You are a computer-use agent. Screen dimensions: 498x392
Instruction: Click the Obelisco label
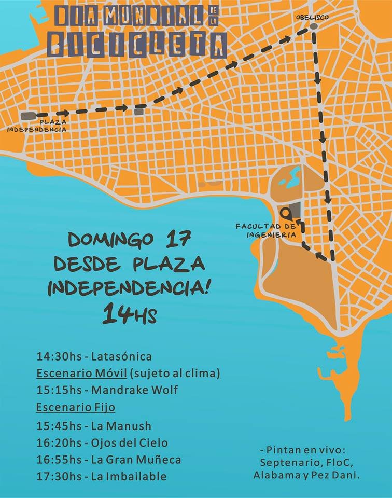[312, 17]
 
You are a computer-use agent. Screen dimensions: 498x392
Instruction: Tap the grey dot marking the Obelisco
[313, 26]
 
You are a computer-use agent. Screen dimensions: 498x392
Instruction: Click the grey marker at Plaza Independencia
[28, 116]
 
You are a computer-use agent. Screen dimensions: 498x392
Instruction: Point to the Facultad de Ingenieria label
[265, 230]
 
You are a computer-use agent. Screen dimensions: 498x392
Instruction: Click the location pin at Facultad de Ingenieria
[286, 213]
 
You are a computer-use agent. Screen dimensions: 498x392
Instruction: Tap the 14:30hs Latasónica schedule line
[94, 356]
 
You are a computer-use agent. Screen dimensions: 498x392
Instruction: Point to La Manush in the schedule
[121, 426]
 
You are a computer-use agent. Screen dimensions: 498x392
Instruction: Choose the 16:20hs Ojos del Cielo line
[102, 443]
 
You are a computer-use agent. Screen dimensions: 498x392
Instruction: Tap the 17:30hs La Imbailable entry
[102, 476]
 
